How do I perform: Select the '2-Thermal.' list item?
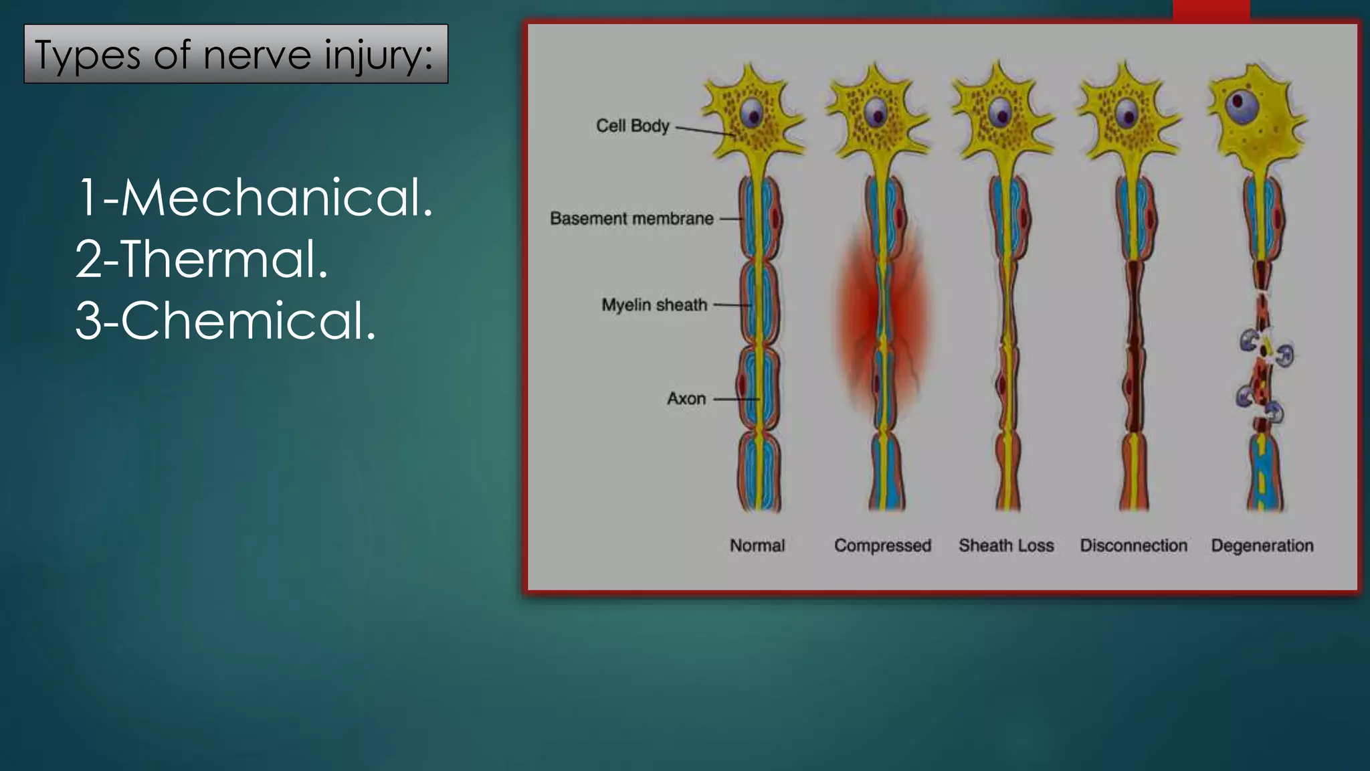tap(201, 260)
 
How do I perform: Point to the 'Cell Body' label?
tap(632, 126)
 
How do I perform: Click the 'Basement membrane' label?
tap(631, 219)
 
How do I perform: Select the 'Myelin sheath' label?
tap(654, 305)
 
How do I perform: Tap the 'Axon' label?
tap(686, 399)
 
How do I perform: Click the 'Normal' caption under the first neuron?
tap(757, 545)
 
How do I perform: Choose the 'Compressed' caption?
tap(882, 545)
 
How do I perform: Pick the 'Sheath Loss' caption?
tap(1006, 545)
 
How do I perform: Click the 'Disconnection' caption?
tap(1133, 545)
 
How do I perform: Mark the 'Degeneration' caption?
tap(1262, 545)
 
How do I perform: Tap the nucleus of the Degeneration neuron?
tap(1242, 105)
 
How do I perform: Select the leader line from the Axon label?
tap(736, 400)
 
